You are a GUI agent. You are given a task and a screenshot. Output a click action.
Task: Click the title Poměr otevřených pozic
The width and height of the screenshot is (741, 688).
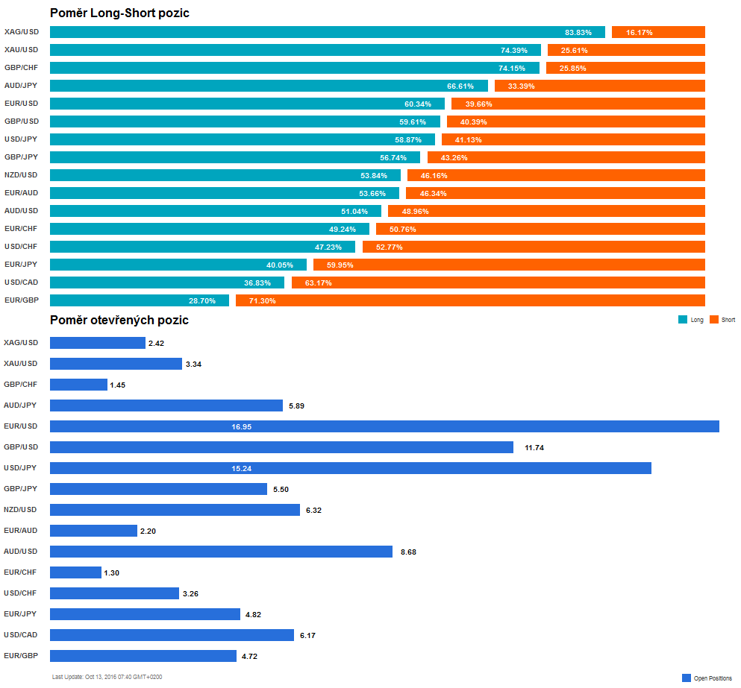[x=119, y=320]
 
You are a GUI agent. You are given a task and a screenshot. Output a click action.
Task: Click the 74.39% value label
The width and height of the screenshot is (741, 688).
[x=513, y=51]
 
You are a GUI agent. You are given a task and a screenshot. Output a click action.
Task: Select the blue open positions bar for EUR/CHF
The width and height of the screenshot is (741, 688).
[x=75, y=572]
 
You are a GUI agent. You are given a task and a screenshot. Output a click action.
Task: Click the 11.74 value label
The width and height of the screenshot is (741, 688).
[x=535, y=448]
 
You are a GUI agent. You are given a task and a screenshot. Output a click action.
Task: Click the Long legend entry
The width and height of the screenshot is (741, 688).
[x=691, y=320]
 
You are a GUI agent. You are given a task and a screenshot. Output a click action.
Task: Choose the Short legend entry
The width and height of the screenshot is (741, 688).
[x=722, y=320]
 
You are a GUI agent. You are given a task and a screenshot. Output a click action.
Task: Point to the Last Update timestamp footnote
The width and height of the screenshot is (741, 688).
[x=107, y=677]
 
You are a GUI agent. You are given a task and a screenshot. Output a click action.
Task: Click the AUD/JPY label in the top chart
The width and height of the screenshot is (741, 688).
[x=21, y=86]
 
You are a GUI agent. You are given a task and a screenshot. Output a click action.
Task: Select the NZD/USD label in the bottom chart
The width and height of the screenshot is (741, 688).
[x=21, y=510]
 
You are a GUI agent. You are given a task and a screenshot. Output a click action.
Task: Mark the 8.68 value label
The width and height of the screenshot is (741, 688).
[x=408, y=552]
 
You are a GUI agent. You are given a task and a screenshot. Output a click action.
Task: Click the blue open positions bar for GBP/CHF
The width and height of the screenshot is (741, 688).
[x=78, y=385]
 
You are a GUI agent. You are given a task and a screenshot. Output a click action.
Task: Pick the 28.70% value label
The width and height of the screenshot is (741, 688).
[x=202, y=301]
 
